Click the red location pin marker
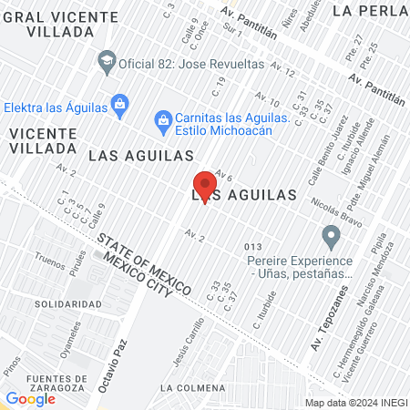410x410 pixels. (205, 185)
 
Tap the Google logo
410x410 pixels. (30, 398)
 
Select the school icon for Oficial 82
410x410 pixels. (107, 61)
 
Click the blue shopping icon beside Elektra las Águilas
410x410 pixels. (119, 107)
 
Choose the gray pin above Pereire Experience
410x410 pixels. (332, 237)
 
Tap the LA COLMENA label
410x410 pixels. (190, 387)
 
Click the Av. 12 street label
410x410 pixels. (283, 71)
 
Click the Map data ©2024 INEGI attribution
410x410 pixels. (356, 403)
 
